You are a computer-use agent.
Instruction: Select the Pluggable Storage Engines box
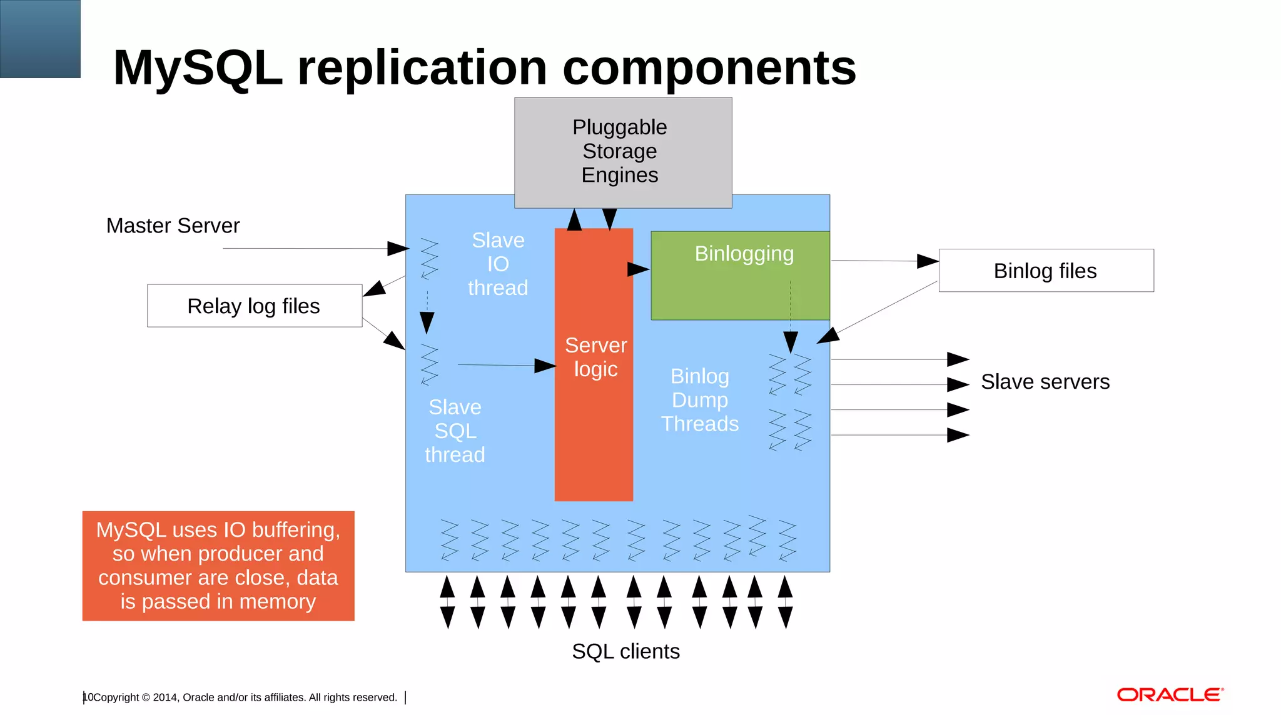pyautogui.click(x=622, y=152)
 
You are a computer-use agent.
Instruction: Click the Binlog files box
pyautogui.click(x=1046, y=271)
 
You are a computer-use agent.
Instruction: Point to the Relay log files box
pyautogui.click(x=254, y=306)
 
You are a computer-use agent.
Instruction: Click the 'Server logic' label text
pyautogui.click(x=595, y=357)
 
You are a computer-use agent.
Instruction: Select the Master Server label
pyautogui.click(x=173, y=226)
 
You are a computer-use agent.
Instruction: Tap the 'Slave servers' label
pyautogui.click(x=1045, y=382)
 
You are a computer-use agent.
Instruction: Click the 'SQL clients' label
pyautogui.click(x=625, y=651)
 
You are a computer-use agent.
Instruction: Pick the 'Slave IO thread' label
pyautogui.click(x=498, y=264)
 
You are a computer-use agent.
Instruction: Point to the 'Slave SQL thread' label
pyautogui.click(x=455, y=431)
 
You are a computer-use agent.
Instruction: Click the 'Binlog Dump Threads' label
pyautogui.click(x=699, y=400)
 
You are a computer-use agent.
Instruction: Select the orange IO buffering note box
pyautogui.click(x=218, y=566)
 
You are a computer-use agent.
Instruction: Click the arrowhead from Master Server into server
pyautogui.click(x=398, y=249)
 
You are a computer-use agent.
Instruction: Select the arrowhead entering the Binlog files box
pyautogui.click(x=927, y=261)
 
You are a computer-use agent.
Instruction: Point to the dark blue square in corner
pyautogui.click(x=40, y=39)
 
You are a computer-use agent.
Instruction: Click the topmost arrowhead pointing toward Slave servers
pyautogui.click(x=958, y=359)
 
